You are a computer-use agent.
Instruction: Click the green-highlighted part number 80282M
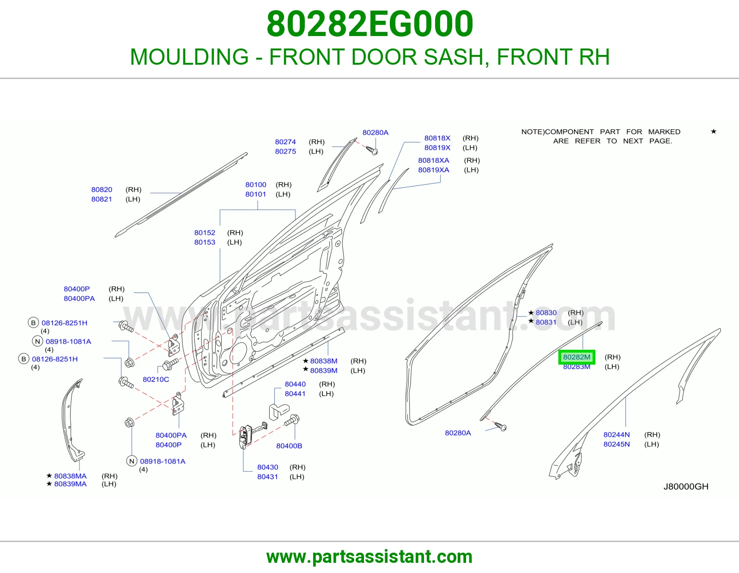click(576, 357)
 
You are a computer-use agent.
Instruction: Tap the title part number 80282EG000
click(369, 24)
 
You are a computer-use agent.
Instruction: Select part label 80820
click(102, 189)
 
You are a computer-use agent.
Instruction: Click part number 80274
click(285, 142)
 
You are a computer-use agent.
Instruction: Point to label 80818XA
click(434, 160)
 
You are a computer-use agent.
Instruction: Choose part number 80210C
click(156, 379)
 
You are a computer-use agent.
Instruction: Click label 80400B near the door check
click(289, 446)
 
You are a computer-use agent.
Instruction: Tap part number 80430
click(267, 467)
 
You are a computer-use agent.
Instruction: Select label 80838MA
click(70, 476)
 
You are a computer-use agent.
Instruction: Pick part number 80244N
click(617, 434)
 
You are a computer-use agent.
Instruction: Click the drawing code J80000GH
click(686, 487)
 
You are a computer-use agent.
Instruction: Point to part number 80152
click(205, 233)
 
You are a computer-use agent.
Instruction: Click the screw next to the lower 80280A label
click(501, 426)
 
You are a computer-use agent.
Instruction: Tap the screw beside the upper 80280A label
click(372, 150)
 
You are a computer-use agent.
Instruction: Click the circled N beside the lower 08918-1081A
click(132, 461)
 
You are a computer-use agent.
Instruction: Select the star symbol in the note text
click(714, 131)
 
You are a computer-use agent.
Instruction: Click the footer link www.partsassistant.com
click(369, 557)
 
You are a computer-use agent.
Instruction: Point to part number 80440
click(295, 384)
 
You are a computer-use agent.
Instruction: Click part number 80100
click(256, 185)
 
